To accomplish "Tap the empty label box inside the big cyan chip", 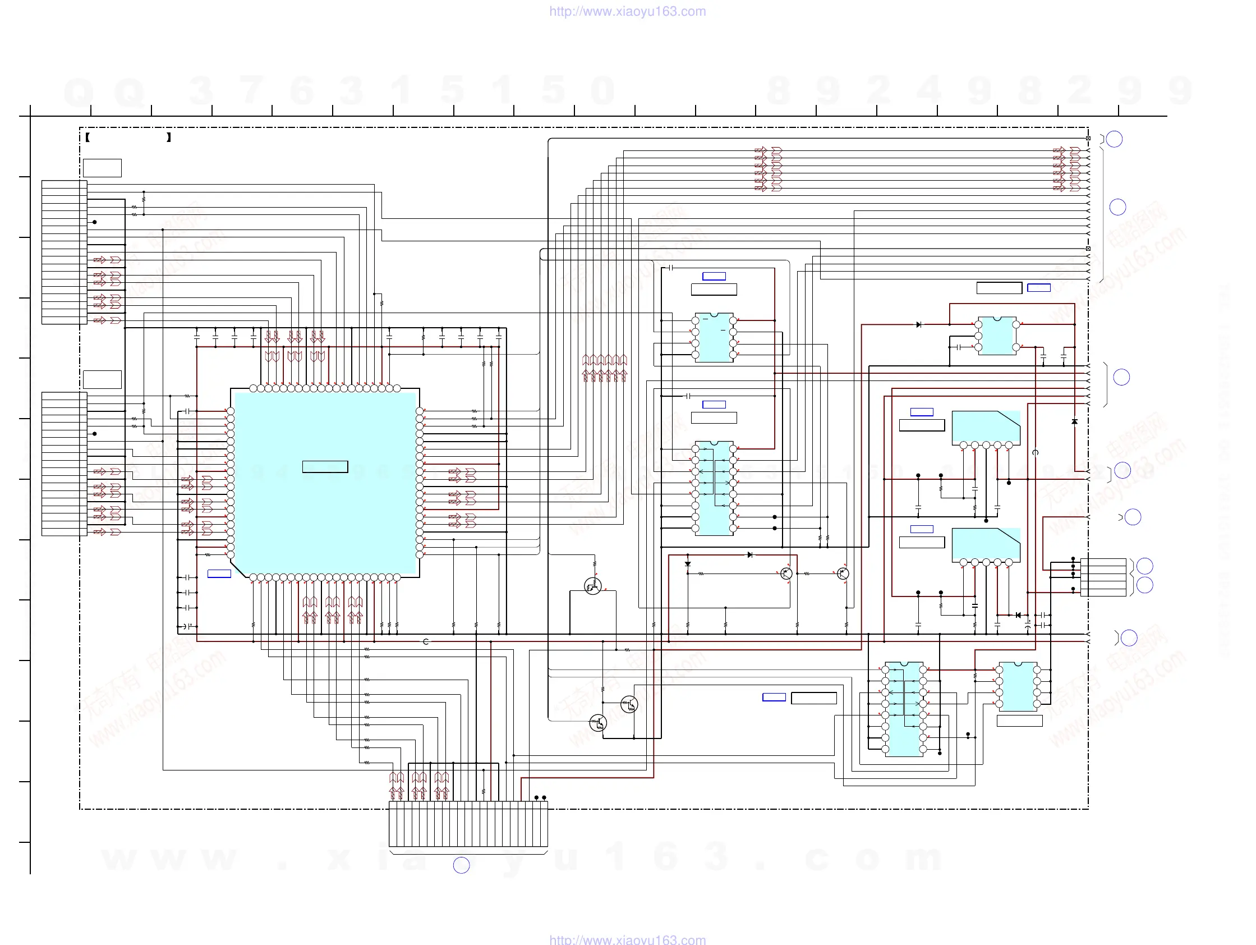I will [x=325, y=467].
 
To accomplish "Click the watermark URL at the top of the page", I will [x=627, y=11].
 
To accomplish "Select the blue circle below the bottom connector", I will [x=461, y=865].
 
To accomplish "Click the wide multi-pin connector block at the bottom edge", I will [x=468, y=824].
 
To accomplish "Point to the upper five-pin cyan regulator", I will [x=986, y=428].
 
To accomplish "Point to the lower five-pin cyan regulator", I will [x=986, y=545].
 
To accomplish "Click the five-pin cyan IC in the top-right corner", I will [x=997, y=336].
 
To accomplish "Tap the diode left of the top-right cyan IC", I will [x=919, y=325].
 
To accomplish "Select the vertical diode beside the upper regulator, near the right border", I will [x=1074, y=422].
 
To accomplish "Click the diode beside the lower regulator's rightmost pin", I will [x=1018, y=615].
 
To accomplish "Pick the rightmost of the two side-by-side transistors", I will [x=843, y=574].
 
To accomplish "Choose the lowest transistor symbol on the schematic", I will [x=598, y=723].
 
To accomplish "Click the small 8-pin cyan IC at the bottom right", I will [x=1018, y=687].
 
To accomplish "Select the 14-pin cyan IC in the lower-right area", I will [x=904, y=709].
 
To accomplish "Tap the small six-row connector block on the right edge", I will [x=1103, y=577].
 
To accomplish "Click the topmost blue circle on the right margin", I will [x=1114, y=139].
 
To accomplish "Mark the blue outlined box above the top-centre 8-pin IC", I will [x=714, y=276].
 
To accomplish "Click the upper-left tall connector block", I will [x=63, y=252].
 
